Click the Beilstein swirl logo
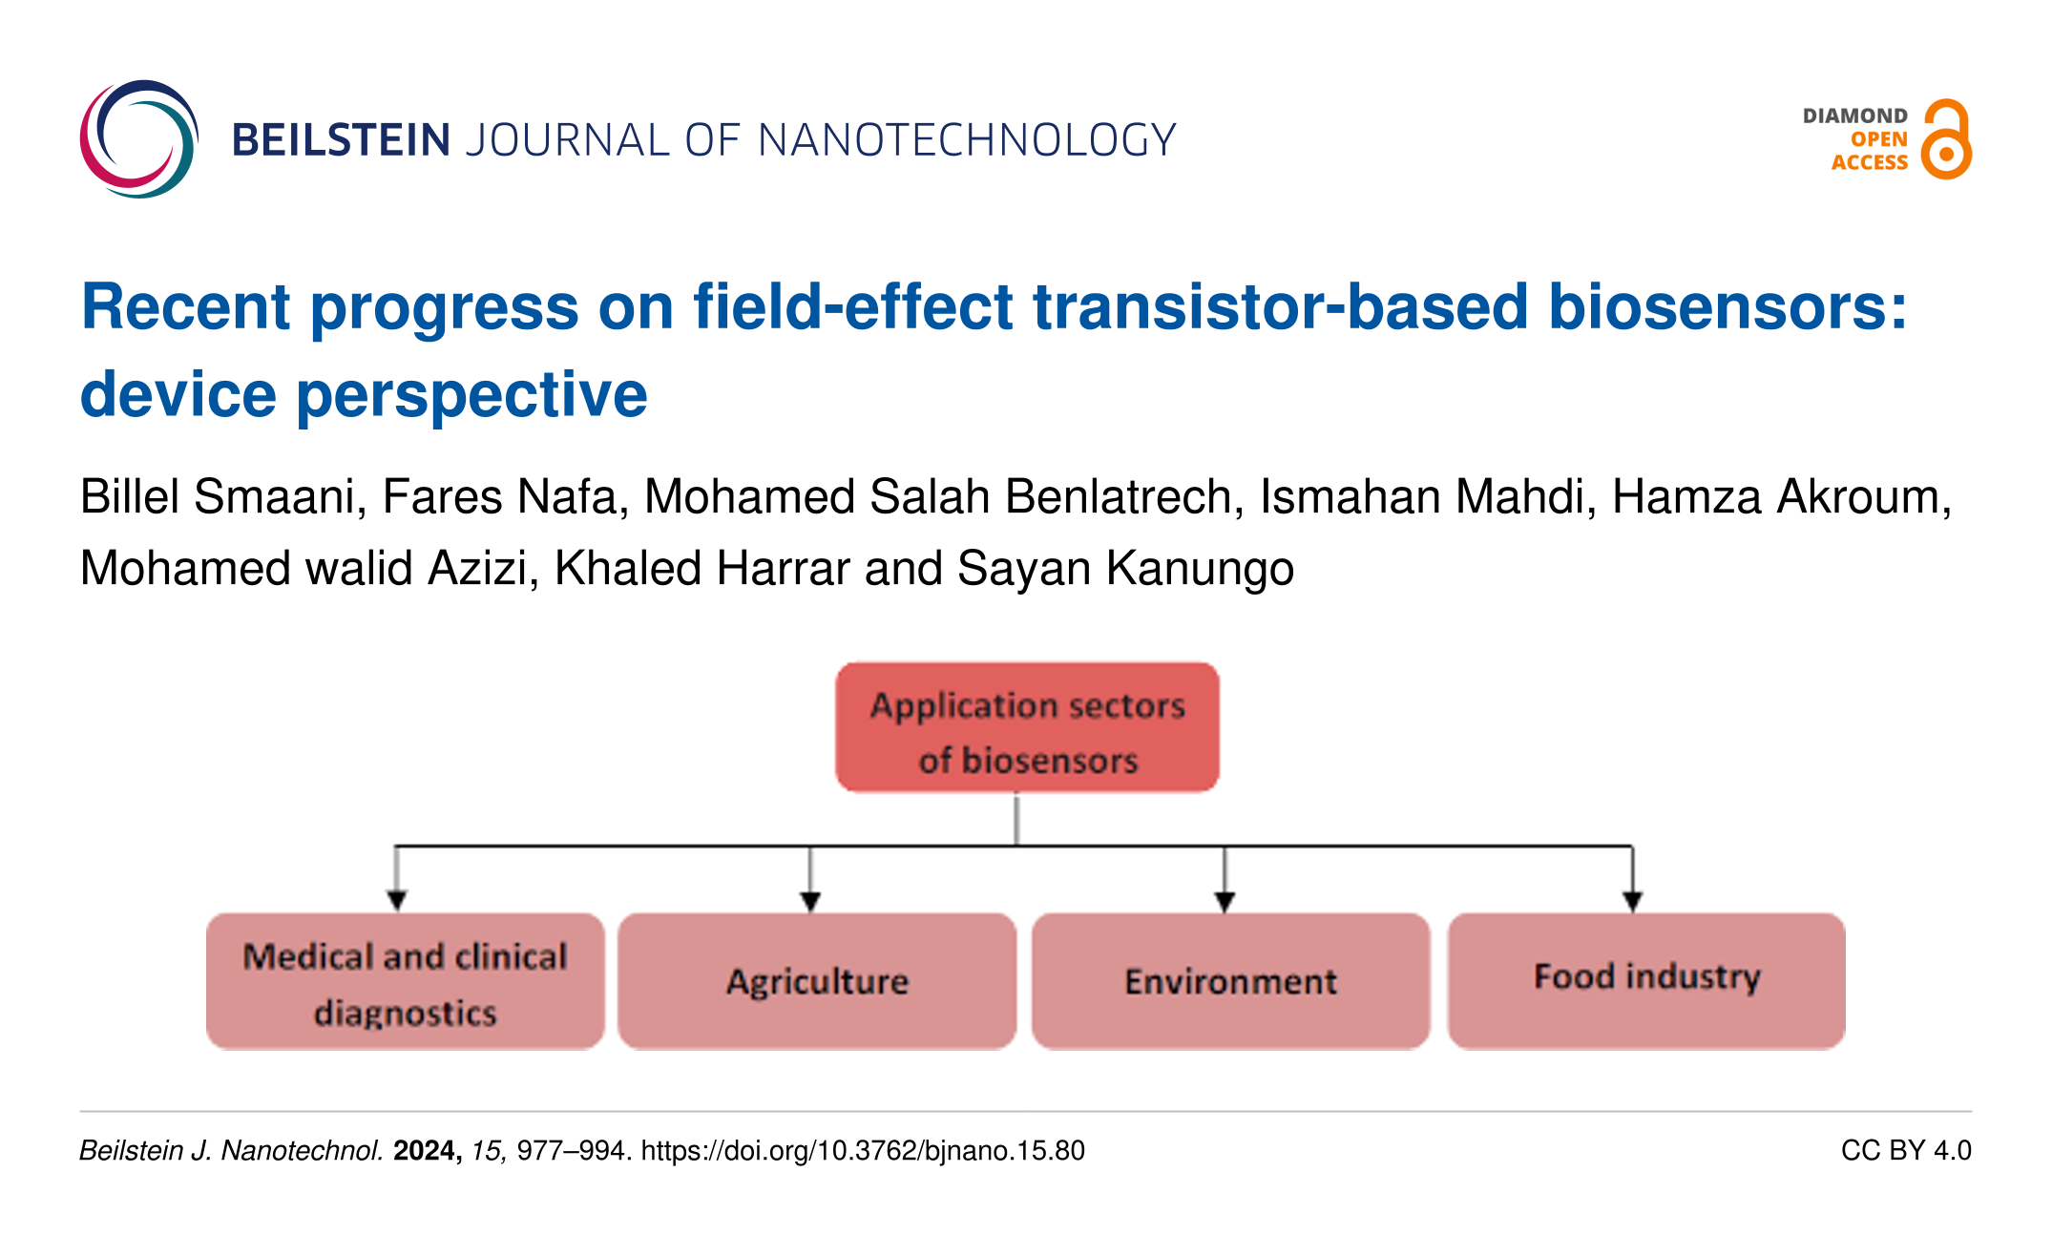point(139,139)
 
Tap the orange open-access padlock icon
point(1946,139)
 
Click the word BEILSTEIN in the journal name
point(341,140)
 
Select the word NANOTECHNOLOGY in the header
point(967,140)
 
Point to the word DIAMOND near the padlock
point(1854,115)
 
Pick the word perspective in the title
point(472,395)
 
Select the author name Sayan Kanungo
point(1125,569)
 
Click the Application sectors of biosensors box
point(1027,727)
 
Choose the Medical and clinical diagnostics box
point(405,981)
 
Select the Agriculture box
point(817,981)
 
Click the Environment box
point(1230,981)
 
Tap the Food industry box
point(1646,981)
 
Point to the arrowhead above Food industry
point(1632,901)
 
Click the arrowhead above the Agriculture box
point(810,901)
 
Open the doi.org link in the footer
point(863,1151)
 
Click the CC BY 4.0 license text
point(1906,1151)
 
